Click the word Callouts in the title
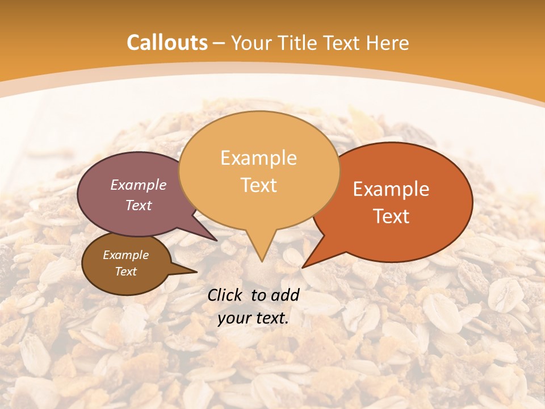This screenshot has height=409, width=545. pyautogui.click(x=167, y=43)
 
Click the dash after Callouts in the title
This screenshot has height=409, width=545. pyautogui.click(x=220, y=43)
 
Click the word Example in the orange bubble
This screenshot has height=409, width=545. pyautogui.click(x=391, y=189)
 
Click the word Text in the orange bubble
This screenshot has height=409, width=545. pyautogui.click(x=391, y=216)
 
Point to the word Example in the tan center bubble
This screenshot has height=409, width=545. pyautogui.click(x=258, y=158)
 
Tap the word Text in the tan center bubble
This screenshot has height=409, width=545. pyautogui.click(x=258, y=185)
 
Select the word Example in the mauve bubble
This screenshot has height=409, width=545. pyautogui.click(x=138, y=185)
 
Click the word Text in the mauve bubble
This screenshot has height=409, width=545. pyautogui.click(x=138, y=205)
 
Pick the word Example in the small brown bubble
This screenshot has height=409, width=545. pyautogui.click(x=125, y=255)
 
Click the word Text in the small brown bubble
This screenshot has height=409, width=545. pyautogui.click(x=125, y=272)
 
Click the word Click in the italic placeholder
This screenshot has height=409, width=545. pyautogui.click(x=225, y=295)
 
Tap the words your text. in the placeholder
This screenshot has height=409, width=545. pyautogui.click(x=253, y=319)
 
